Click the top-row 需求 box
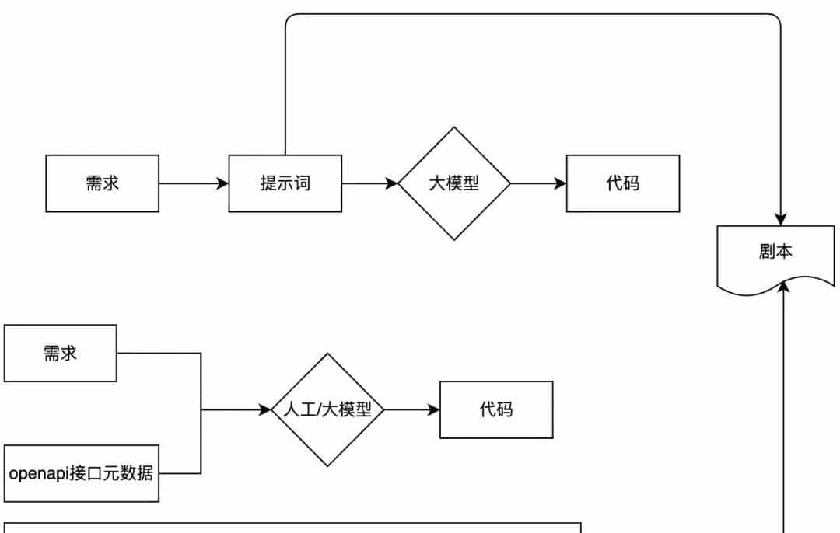click(x=102, y=183)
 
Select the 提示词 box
click(x=285, y=183)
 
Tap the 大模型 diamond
click(x=453, y=183)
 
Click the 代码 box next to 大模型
click(x=622, y=183)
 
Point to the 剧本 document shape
click(x=775, y=253)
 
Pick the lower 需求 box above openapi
click(x=60, y=353)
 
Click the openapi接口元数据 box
click(x=81, y=473)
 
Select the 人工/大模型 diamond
click(x=327, y=409)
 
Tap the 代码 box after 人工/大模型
click(x=496, y=409)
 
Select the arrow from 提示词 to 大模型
click(x=369, y=183)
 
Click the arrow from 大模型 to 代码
click(x=537, y=183)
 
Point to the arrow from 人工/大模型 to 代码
click(x=411, y=409)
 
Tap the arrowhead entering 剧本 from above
click(x=780, y=219)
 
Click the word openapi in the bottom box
click(x=31, y=473)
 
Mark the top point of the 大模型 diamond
click(x=454, y=128)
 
